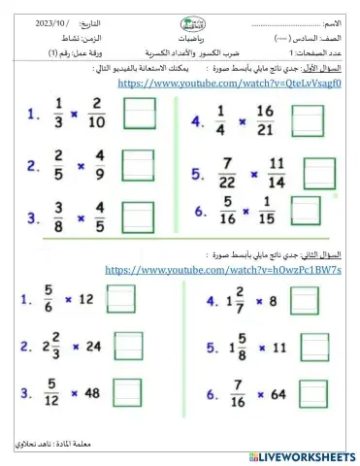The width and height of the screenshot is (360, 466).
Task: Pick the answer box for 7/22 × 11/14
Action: pyautogui.click(x=317, y=171)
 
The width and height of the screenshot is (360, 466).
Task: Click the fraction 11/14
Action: pyautogui.click(x=278, y=173)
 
